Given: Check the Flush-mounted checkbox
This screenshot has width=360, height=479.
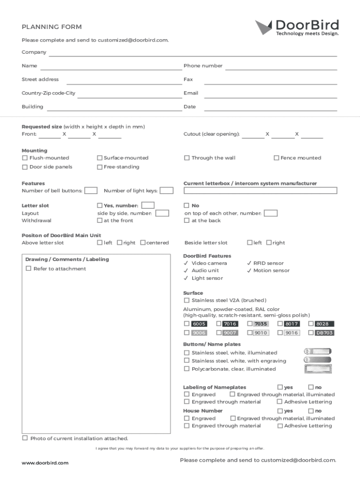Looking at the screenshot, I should tap(25, 158).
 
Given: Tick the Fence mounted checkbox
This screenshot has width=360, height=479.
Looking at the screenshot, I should tap(276, 158).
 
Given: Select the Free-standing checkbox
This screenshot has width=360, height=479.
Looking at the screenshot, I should tap(100, 167).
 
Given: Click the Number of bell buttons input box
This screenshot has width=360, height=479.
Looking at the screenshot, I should tap(91, 190).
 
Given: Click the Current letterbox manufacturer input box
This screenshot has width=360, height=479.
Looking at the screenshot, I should tap(260, 190).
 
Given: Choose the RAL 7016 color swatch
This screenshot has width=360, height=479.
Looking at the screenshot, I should tap(230, 324).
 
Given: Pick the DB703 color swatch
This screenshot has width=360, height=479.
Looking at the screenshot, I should tap(324, 333).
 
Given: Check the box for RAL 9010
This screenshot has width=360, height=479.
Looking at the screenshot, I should tap(250, 333).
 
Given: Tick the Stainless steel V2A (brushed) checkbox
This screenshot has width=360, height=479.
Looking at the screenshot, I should tap(187, 300).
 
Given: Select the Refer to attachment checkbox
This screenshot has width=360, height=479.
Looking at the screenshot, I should tap(29, 269).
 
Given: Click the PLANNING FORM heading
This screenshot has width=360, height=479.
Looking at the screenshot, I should tap(51, 27).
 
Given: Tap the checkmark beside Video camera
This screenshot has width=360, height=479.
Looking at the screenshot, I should tap(187, 263).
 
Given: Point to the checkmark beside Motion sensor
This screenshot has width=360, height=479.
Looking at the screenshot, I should tap(249, 271).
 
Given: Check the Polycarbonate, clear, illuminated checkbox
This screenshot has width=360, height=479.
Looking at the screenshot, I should tap(187, 369).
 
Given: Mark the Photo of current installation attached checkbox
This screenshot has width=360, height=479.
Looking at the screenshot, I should tap(25, 438).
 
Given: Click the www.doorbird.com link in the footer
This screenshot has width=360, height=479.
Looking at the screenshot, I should tap(45, 463).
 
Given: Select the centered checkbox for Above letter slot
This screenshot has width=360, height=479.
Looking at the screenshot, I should tap(143, 243).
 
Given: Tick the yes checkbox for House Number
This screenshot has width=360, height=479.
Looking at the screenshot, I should tap(280, 411).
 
